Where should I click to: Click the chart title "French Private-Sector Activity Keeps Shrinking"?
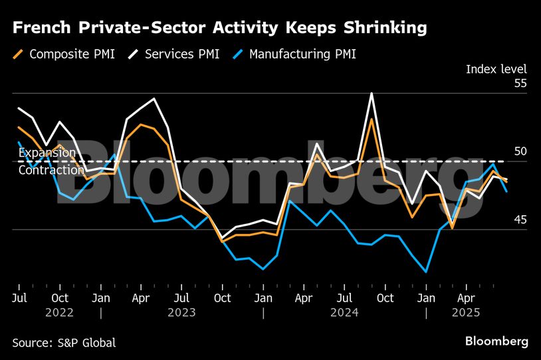pos(219,28)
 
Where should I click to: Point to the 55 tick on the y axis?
pos(520,84)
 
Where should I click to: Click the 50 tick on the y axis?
pos(520,151)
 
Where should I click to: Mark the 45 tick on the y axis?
pos(520,220)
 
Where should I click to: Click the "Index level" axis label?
pos(496,69)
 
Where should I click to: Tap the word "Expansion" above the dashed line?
pos(47,153)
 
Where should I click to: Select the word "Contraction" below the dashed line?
pos(51,171)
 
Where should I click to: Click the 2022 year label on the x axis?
pos(60,312)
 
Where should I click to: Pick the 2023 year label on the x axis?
pos(181,312)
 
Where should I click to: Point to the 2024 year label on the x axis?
pos(344,312)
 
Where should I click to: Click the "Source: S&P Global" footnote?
pos(64,343)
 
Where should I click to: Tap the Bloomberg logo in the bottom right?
pos(496,341)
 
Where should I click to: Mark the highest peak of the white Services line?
pos(371,93)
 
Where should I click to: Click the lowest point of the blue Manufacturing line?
pos(425,272)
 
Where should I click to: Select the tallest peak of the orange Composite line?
pos(372,119)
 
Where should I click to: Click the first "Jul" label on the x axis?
pos(19,298)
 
